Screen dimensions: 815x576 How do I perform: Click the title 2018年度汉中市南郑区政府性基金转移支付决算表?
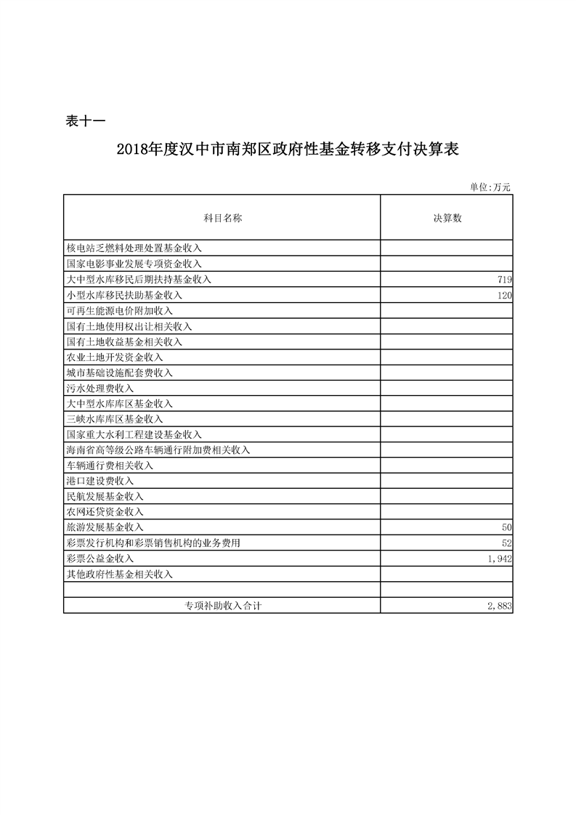288,150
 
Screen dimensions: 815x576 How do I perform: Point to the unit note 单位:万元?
490,187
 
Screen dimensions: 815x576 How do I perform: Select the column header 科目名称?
222,218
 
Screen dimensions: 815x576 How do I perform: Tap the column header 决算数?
447,218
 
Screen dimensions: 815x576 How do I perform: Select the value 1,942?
500,559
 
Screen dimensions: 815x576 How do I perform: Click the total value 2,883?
500,605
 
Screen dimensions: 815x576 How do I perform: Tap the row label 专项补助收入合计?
222,605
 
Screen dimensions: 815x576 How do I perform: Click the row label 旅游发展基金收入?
105,527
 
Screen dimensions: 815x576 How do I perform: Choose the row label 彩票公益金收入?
100,559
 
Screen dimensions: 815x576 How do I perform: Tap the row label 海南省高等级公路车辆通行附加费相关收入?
158,450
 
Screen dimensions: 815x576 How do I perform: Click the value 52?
507,543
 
